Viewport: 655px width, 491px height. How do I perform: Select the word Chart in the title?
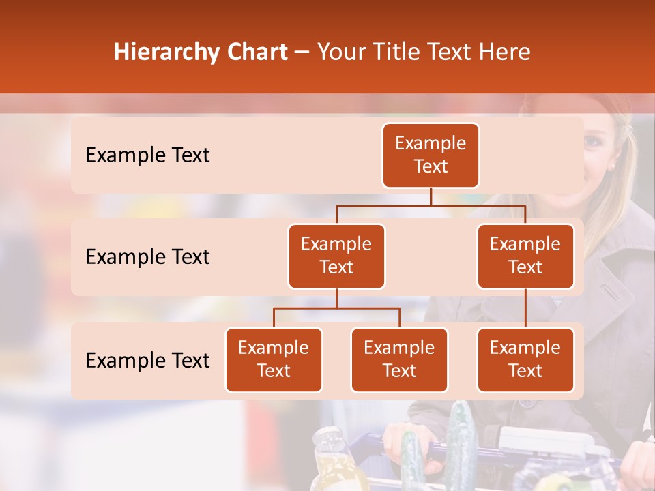tap(258, 53)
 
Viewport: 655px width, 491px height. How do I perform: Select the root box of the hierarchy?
tap(431, 155)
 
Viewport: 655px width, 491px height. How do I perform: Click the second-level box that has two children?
tap(336, 256)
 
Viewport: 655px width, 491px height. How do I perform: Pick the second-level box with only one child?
tap(525, 256)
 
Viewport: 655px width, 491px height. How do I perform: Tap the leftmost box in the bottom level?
tap(274, 359)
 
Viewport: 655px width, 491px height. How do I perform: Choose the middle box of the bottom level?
tap(399, 359)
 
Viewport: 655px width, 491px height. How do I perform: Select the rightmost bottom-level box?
tap(525, 359)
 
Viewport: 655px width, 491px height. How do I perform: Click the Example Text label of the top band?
tap(147, 155)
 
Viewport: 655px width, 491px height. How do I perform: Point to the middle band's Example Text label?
tap(147, 256)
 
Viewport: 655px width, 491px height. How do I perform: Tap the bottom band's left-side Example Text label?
tap(147, 360)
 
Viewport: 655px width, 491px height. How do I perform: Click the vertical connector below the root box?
tap(431, 196)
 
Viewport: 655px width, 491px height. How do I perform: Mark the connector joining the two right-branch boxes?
tap(525, 308)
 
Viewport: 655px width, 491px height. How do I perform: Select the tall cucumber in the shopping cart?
tap(462, 443)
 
